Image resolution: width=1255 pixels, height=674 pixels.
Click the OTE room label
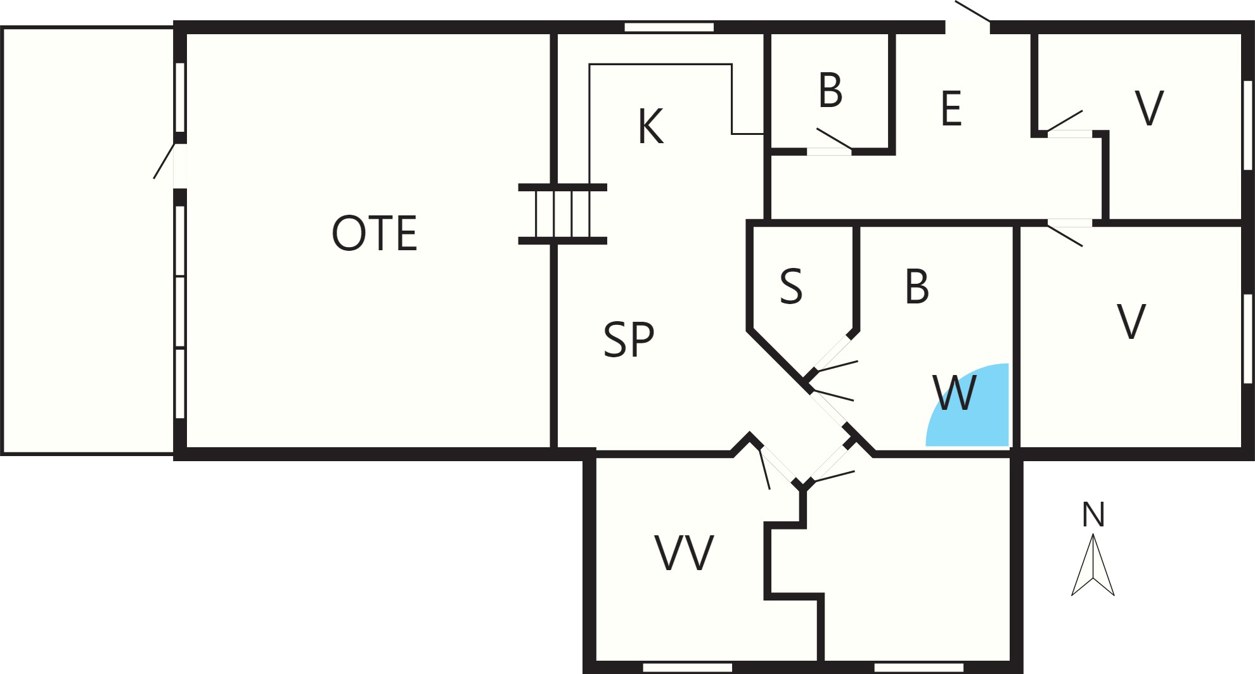[x=375, y=233]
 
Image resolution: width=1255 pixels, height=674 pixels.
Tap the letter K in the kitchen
[x=651, y=127]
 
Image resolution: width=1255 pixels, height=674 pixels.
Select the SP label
[x=628, y=340]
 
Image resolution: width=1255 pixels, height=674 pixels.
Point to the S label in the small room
[x=791, y=287]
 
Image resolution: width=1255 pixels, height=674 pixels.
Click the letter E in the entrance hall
[x=951, y=108]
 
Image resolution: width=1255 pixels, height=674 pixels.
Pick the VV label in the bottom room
[x=684, y=553]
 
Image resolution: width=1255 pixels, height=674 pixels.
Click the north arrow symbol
[x=1093, y=565]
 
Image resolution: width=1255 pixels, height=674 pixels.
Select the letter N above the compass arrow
[x=1093, y=514]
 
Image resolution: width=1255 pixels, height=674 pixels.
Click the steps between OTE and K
[x=563, y=214]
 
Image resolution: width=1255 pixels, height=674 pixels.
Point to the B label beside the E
[x=830, y=91]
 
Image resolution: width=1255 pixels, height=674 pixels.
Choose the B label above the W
[x=917, y=287]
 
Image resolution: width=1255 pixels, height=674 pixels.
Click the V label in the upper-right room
[x=1149, y=108]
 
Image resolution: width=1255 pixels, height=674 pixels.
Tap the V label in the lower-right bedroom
[x=1131, y=322]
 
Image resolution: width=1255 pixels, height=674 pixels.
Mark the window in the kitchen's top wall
[x=669, y=27]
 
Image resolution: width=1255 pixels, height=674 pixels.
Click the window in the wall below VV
[x=688, y=668]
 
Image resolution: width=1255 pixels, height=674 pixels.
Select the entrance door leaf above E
[x=972, y=11]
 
